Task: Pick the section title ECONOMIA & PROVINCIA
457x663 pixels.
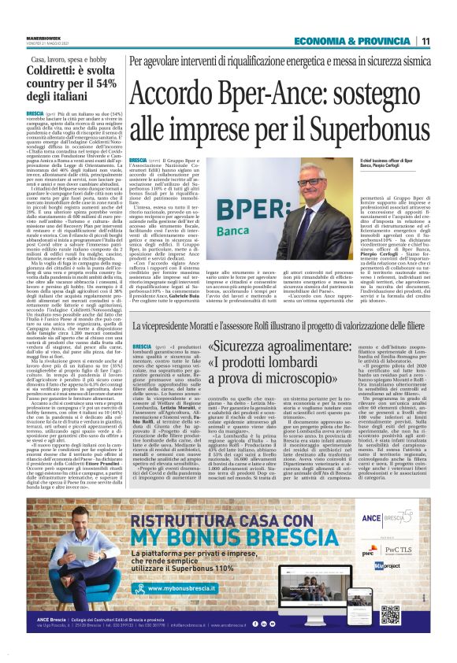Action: pos(352,42)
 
